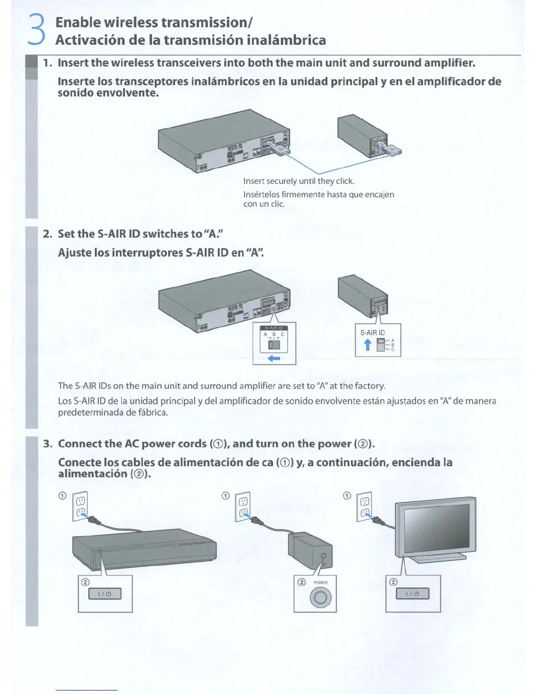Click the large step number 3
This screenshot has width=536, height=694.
pos(37,29)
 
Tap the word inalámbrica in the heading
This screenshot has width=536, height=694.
pos(286,40)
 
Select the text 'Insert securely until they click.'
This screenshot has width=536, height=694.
pos(299,181)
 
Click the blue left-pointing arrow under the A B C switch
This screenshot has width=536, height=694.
pos(274,359)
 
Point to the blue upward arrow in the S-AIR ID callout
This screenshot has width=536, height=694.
pos(368,345)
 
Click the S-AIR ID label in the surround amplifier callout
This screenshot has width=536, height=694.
pos(372,333)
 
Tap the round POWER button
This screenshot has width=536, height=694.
pos(320,598)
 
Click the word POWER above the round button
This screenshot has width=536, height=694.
pos(320,582)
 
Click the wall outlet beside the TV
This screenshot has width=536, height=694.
pos(364,506)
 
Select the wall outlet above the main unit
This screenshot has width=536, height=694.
pos(81,506)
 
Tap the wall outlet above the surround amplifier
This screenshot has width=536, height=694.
pos(243,506)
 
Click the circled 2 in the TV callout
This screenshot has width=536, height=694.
pos(393,582)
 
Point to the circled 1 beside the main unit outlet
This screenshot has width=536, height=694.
pos(62,496)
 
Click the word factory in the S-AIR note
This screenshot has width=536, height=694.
pos(370,386)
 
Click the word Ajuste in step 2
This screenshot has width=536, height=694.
pos(74,253)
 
